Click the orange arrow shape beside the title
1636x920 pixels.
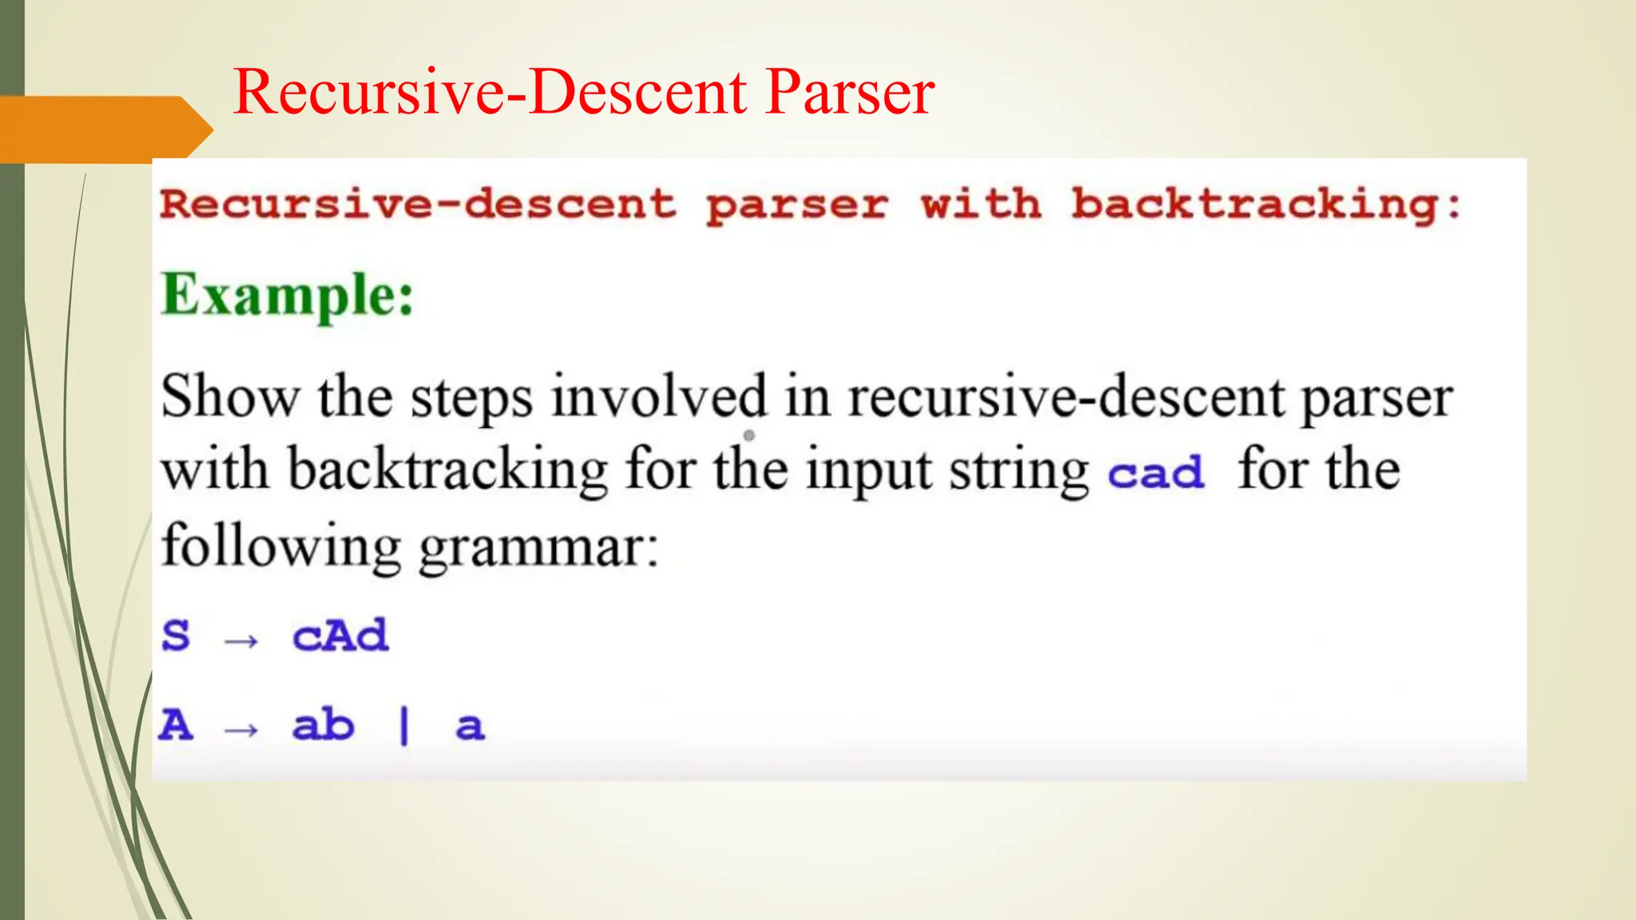(104, 129)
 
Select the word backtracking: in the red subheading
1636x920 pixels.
(1266, 204)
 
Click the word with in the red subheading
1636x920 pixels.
(981, 204)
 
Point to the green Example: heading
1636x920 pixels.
(288, 295)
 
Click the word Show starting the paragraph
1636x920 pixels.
(230, 396)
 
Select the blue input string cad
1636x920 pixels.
(1156, 472)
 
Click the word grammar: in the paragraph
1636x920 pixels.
(538, 548)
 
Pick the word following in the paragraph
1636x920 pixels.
(281, 548)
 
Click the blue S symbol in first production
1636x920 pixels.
(176, 636)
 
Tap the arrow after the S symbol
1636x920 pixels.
(241, 640)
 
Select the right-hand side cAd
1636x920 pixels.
(340, 636)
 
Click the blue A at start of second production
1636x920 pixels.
(176, 725)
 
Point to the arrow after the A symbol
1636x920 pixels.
(241, 729)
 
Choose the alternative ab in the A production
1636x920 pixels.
(323, 725)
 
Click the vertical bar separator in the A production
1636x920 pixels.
(404, 726)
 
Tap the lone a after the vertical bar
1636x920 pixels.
(470, 727)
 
